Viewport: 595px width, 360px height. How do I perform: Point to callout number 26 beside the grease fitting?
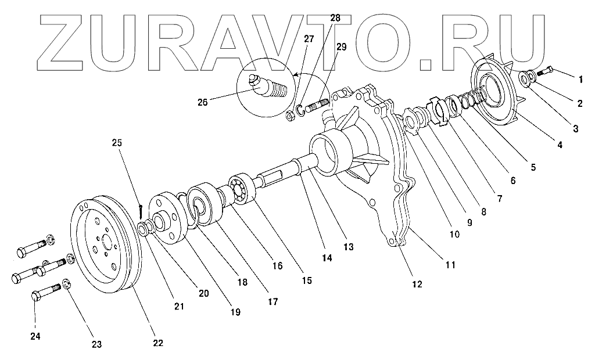[x=202, y=103]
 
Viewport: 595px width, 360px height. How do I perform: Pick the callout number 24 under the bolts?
[x=35, y=336]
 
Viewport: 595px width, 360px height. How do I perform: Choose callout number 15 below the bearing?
[x=306, y=280]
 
